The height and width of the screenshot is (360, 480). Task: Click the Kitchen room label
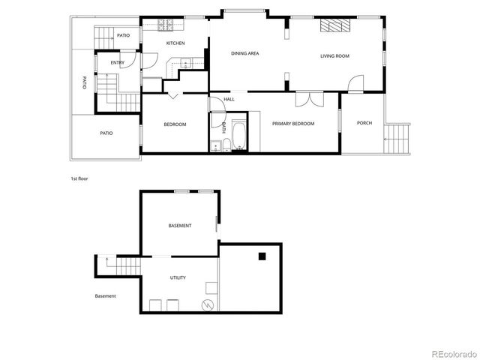coord(175,43)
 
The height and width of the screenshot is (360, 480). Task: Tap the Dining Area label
coord(244,53)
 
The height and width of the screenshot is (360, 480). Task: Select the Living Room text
coord(335,55)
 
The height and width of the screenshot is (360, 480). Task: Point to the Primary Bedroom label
coord(293,124)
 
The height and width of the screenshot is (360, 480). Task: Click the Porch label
coord(364,123)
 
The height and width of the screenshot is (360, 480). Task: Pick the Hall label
coord(229,99)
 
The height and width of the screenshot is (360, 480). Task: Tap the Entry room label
coord(118,62)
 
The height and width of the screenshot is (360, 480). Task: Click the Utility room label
coord(178,277)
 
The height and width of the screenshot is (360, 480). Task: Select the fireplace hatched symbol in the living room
coord(334,26)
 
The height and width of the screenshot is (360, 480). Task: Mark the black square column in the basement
coord(262,257)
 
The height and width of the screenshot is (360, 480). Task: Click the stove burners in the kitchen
coord(165,25)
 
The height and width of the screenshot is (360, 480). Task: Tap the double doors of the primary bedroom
coord(308,98)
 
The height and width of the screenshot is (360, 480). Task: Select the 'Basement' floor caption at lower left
coord(105,296)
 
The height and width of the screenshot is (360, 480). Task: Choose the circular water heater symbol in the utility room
coord(209,305)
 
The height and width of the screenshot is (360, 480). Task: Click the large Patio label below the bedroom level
coord(106,133)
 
